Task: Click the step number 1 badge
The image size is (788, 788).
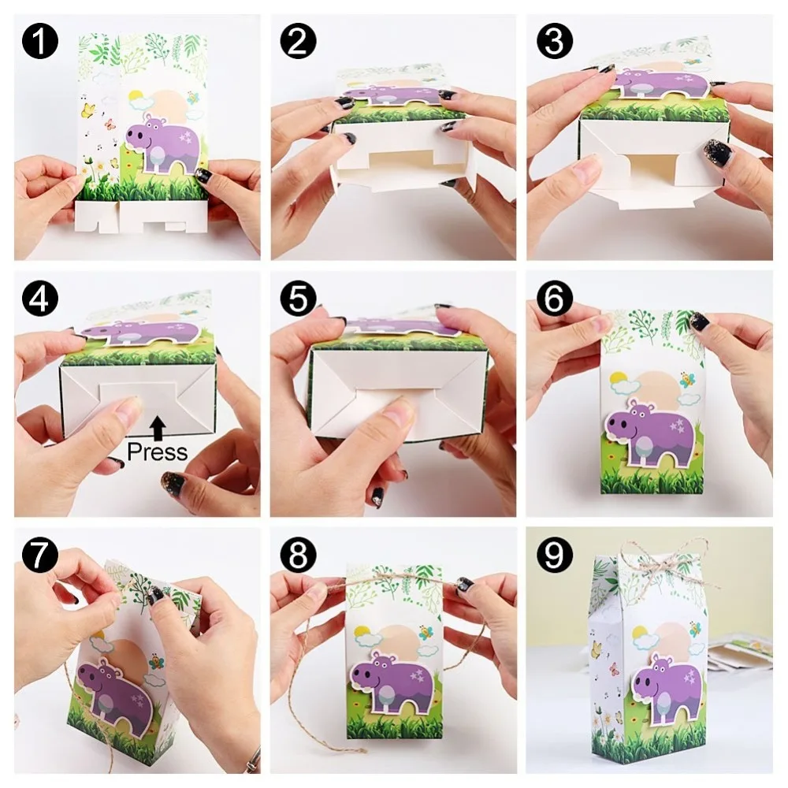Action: coord(39,41)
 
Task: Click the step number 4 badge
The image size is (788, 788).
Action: coord(39,299)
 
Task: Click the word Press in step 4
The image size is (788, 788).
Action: coord(158,452)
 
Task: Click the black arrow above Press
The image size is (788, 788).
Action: coord(158,427)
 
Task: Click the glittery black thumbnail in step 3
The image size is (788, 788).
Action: coord(718,151)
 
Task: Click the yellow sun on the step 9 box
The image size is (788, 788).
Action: coord(639,633)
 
